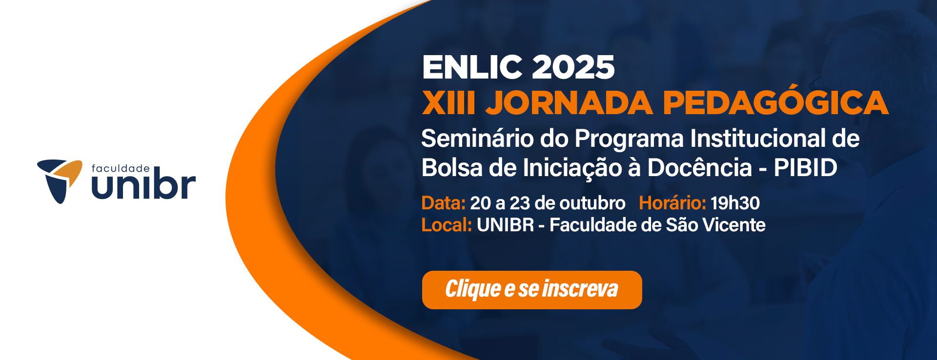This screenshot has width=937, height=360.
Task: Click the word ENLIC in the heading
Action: click(472, 67)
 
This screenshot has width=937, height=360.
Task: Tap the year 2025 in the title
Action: click(573, 67)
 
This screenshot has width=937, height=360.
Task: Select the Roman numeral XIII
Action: click(448, 102)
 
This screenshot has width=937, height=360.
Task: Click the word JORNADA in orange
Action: click(569, 102)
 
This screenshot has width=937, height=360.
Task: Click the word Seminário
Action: click(478, 138)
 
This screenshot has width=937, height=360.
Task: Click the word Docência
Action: click(699, 168)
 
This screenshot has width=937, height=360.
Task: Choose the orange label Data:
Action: click(443, 203)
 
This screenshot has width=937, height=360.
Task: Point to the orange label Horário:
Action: click(672, 203)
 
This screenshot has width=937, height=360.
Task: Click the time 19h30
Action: click(735, 203)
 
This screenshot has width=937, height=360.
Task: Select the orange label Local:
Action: click(447, 225)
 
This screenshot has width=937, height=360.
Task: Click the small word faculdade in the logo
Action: click(121, 168)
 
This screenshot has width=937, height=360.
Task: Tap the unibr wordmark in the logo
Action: click(143, 184)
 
